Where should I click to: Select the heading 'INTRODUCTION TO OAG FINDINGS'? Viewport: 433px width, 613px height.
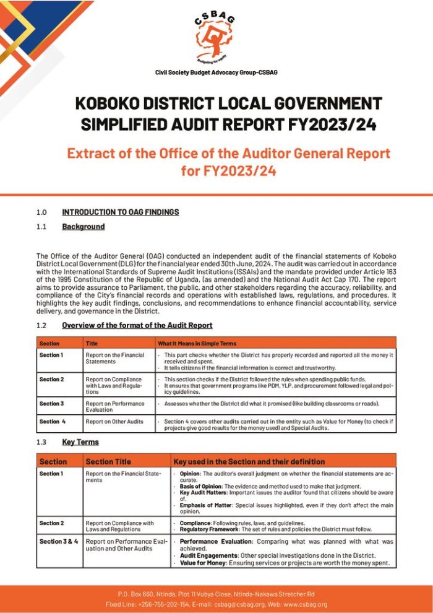pyautogui.click(x=120, y=212)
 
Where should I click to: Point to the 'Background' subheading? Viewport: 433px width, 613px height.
pyautogui.click(x=83, y=227)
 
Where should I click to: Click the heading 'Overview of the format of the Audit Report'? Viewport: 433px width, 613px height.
pyautogui.click(x=137, y=325)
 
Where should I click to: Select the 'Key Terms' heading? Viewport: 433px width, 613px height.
pyautogui.click(x=80, y=442)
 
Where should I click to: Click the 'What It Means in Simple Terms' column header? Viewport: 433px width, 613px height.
pyautogui.click(x=197, y=343)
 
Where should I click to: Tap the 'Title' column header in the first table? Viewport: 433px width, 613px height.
pyautogui.click(x=92, y=343)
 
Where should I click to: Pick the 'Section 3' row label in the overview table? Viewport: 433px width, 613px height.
pyautogui.click(x=51, y=404)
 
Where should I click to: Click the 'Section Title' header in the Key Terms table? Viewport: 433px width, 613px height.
pyautogui.click(x=108, y=461)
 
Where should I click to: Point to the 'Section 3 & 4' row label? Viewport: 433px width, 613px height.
pyautogui.click(x=59, y=541)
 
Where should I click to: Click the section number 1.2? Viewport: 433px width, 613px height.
pyautogui.click(x=41, y=325)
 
